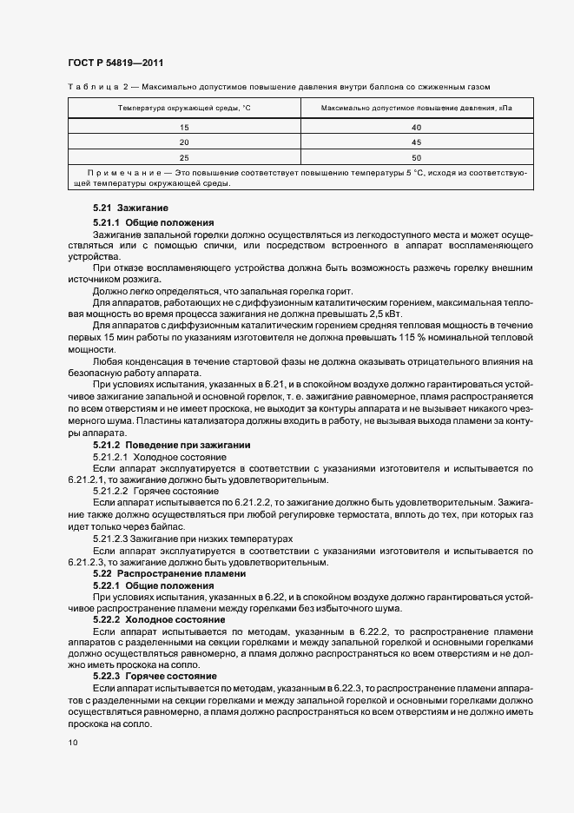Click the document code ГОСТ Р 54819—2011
tap(115, 63)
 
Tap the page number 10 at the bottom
tap(72, 743)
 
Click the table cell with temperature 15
tap(184, 127)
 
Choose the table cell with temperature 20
tap(184, 142)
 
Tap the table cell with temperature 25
tap(184, 157)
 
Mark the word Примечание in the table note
tap(119, 174)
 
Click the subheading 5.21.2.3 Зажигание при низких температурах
tap(193, 539)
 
